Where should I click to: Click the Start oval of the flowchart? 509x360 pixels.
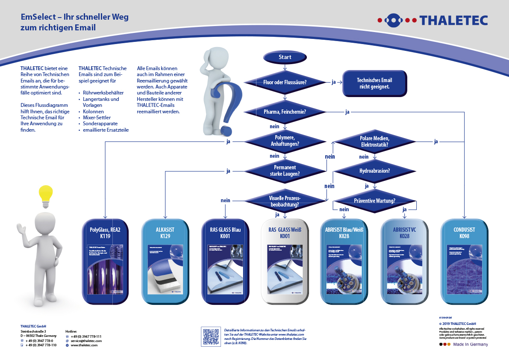[x=285, y=57]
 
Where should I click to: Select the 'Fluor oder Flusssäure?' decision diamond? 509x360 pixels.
[x=285, y=82]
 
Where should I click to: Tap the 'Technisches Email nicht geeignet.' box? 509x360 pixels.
[x=374, y=83]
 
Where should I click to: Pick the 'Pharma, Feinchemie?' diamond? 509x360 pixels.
[x=285, y=112]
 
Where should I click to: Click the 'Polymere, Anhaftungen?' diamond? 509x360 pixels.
[x=285, y=141]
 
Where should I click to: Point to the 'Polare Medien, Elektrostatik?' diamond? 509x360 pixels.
[x=374, y=141]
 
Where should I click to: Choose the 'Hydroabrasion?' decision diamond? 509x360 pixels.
[x=374, y=171]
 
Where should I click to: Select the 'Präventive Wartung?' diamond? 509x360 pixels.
[x=374, y=200]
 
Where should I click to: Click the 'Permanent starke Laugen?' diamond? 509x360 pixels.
[x=285, y=171]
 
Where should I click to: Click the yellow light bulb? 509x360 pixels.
[x=46, y=195]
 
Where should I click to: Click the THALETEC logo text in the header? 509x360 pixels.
[x=453, y=20]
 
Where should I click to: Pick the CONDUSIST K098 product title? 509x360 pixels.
[x=464, y=233]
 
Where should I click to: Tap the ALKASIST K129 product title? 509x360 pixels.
[x=165, y=233]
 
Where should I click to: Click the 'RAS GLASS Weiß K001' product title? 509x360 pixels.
[x=285, y=233]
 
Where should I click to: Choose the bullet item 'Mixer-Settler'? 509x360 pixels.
[x=97, y=117]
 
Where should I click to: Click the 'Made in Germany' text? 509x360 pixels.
[x=471, y=344]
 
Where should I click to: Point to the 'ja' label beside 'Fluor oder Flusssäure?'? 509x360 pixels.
[x=333, y=82]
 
